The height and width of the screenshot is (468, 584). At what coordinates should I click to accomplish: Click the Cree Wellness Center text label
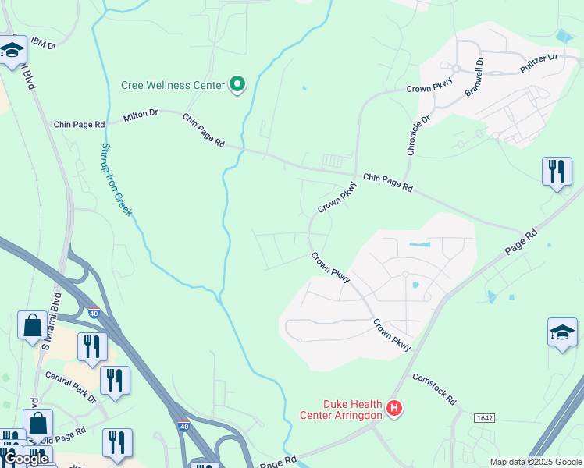[x=173, y=86]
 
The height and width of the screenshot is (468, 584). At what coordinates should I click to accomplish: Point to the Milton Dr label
[x=141, y=115]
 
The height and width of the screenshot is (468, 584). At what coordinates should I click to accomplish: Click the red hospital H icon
[x=395, y=408]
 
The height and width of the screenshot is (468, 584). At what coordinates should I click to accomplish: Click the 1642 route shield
[x=484, y=418]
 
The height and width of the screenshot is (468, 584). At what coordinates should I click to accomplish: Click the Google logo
[x=26, y=459]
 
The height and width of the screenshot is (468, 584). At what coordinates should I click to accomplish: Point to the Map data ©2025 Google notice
[x=536, y=462]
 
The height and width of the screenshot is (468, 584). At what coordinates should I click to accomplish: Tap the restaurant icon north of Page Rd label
[x=556, y=172]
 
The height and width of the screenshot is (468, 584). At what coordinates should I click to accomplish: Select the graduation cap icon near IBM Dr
[x=12, y=51]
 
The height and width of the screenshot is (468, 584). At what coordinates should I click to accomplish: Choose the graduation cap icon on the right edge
[x=562, y=333]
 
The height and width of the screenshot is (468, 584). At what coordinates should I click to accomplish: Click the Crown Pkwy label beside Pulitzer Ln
[x=429, y=89]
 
